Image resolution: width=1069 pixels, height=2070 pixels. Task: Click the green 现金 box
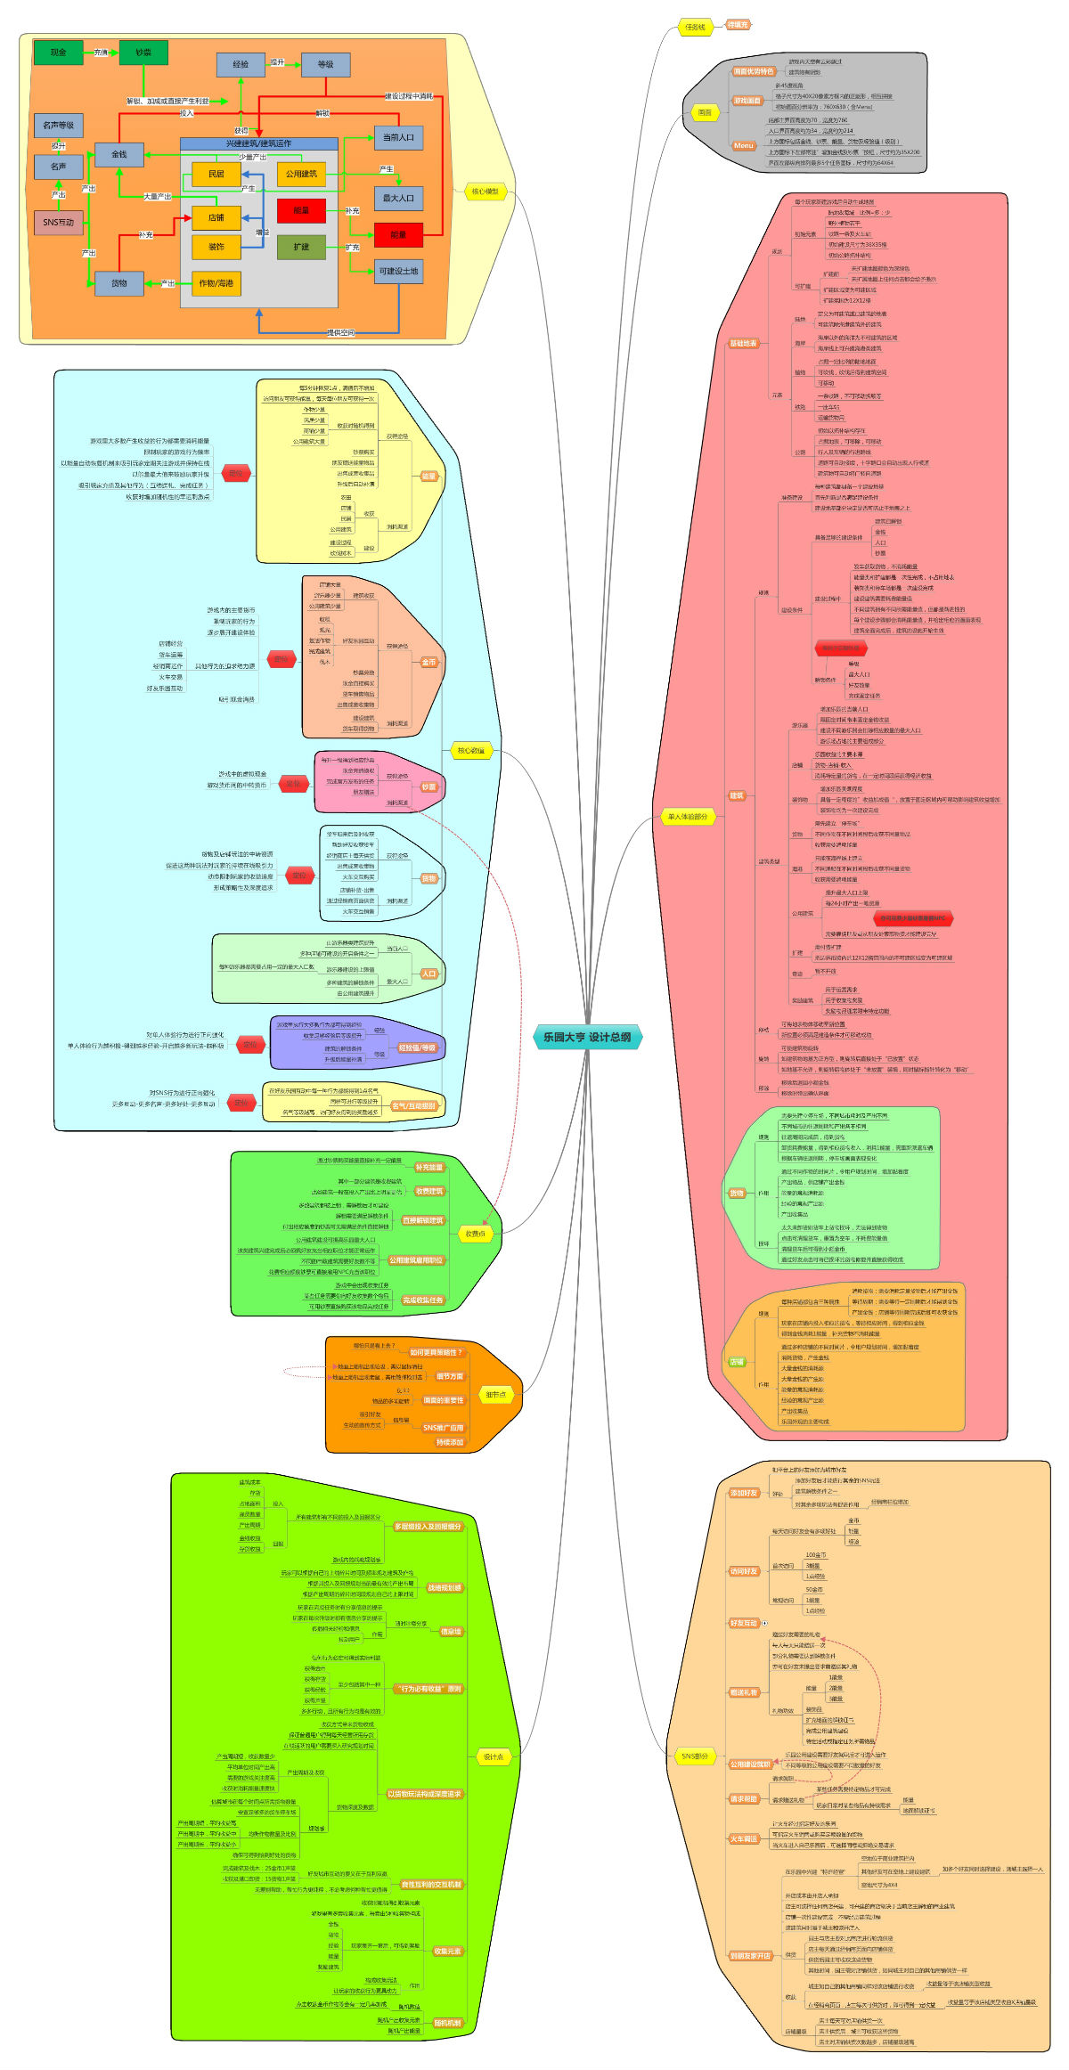[x=58, y=53]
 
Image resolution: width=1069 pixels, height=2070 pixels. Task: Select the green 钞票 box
[x=143, y=53]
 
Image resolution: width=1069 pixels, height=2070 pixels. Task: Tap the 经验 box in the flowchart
[x=241, y=64]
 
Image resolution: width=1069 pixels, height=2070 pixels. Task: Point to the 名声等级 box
[x=59, y=125]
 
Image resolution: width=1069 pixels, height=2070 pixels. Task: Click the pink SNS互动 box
[x=59, y=222]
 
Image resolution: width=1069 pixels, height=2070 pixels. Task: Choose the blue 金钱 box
[x=119, y=154]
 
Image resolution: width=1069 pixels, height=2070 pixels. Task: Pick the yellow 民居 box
[x=216, y=174]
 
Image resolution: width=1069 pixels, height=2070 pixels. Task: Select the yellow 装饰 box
[x=216, y=247]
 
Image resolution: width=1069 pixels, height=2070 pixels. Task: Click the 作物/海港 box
[x=216, y=283]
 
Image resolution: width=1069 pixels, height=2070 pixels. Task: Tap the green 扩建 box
[x=301, y=247]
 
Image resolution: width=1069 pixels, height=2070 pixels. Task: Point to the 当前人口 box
[x=398, y=137]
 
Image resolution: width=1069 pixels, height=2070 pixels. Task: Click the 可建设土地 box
[x=398, y=271]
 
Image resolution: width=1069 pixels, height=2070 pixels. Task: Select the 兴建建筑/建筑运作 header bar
[x=258, y=143]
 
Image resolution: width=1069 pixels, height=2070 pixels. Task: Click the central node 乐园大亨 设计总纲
[x=587, y=1037]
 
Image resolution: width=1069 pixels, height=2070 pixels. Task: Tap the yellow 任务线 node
[x=695, y=28]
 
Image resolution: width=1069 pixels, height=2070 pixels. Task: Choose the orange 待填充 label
[x=738, y=25]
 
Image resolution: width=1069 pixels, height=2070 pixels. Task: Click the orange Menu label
[x=744, y=145]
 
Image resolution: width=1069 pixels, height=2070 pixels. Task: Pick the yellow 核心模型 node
[x=485, y=191]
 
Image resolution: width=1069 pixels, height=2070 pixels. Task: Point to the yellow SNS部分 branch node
[x=695, y=1756]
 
